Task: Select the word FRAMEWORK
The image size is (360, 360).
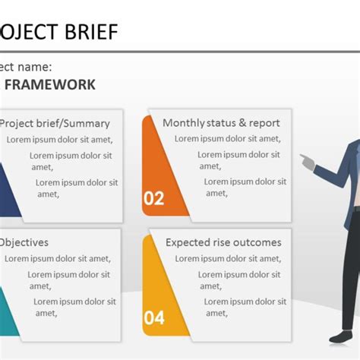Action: [x=50, y=84]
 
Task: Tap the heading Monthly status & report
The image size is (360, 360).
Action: [x=221, y=123]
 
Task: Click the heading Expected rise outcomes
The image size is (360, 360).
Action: [x=223, y=243]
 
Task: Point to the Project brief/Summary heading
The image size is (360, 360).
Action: [x=55, y=123]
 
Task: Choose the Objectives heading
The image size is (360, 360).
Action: [x=24, y=243]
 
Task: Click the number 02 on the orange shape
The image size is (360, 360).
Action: [x=154, y=199]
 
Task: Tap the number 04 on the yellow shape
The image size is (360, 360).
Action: [x=154, y=317]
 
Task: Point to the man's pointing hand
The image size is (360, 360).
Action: [x=305, y=160]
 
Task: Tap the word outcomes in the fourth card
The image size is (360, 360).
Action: [x=260, y=243]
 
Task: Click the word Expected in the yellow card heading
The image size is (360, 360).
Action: [x=188, y=243]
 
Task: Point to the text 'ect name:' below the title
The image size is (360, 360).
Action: [x=26, y=67]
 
